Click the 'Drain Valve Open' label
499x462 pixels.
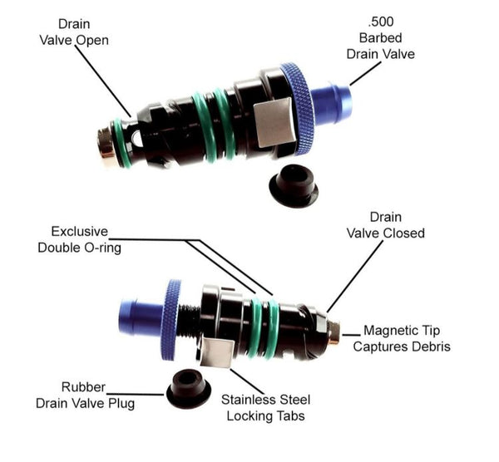[74, 32]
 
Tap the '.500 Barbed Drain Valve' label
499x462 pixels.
[381, 38]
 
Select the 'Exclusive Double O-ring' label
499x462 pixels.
[80, 239]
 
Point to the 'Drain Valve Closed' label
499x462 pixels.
[385, 225]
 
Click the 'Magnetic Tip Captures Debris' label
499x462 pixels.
[402, 338]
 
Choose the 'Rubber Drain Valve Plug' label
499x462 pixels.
[85, 396]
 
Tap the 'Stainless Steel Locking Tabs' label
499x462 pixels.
[266, 408]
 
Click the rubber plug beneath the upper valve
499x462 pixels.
[294, 185]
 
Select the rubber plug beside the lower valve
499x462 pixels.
[189, 388]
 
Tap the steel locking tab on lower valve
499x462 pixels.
[217, 352]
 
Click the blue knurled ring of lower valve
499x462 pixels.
[170, 320]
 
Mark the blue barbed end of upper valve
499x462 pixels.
[331, 101]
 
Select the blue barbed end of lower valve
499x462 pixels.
[141, 317]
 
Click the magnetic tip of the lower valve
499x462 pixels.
[333, 332]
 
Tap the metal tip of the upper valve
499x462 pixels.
[105, 143]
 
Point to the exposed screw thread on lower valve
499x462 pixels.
[190, 321]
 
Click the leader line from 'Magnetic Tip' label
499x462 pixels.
[351, 335]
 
